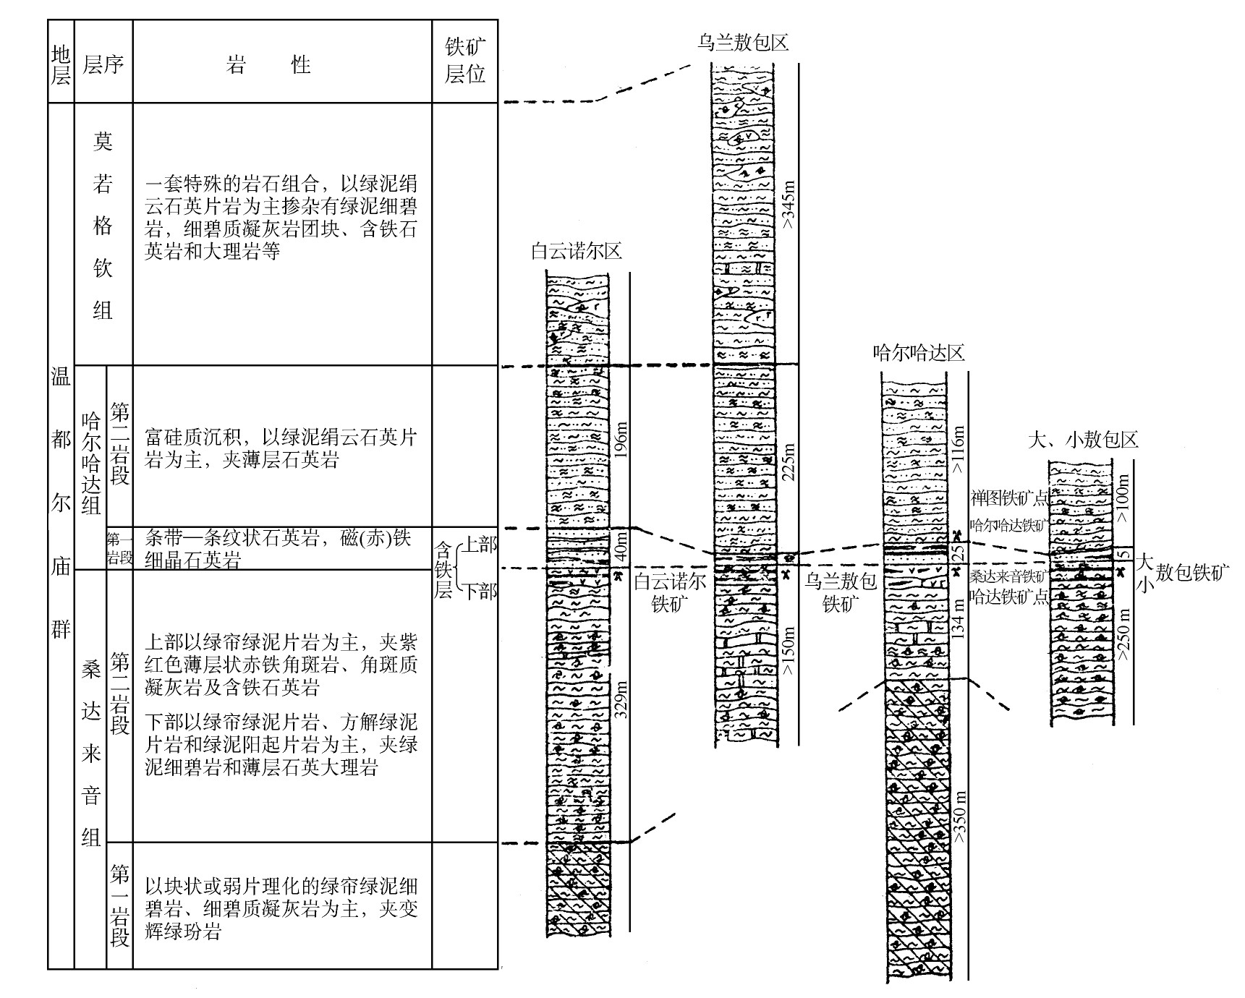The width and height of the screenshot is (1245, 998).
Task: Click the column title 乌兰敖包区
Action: [x=742, y=43]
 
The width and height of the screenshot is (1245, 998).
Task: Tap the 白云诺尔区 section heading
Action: [x=576, y=252]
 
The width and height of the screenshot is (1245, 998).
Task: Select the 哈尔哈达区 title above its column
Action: [x=919, y=353]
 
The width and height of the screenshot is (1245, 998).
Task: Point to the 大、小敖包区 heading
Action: [x=1083, y=439]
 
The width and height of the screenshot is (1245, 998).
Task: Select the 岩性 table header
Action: [x=268, y=65]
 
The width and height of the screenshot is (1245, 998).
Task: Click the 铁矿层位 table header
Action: [x=465, y=61]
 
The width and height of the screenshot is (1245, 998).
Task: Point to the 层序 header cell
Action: [x=103, y=65]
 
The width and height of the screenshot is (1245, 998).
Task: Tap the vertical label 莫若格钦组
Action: [x=103, y=226]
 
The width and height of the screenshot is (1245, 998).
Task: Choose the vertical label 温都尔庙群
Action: [x=61, y=503]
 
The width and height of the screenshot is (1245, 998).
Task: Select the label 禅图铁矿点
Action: [x=1008, y=499]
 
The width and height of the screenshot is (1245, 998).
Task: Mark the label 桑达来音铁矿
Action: [x=1008, y=576]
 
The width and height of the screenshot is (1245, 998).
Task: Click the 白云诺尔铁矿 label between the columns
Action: [x=670, y=593]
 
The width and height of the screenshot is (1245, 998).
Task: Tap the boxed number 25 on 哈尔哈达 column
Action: [x=959, y=553]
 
